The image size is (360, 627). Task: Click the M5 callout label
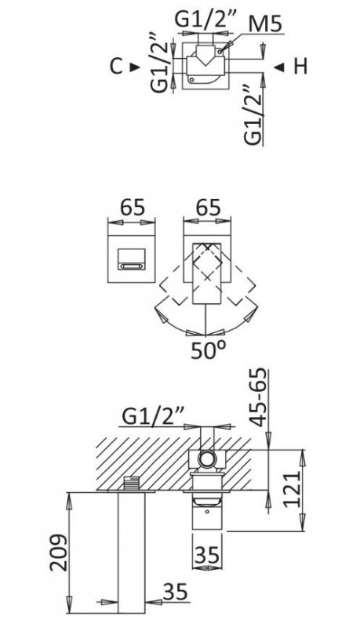tap(264, 24)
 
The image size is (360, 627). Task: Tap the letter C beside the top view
tap(116, 67)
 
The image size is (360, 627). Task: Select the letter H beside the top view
tap(300, 67)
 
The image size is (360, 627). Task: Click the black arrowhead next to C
tap(135, 67)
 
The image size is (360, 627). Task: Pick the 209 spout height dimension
tap(58, 553)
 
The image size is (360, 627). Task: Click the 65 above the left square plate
tap(133, 208)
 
